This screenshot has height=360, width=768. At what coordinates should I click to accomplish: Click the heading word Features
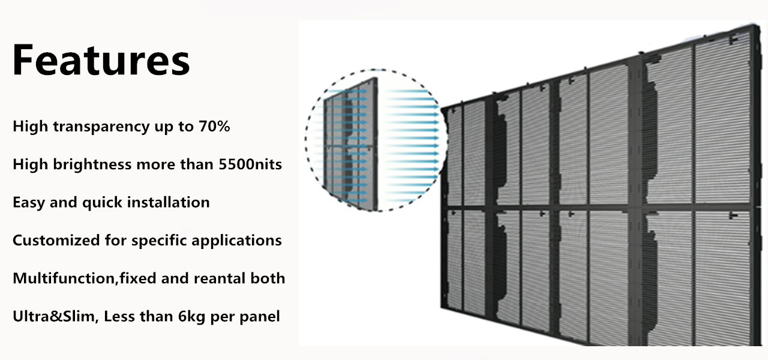coord(101,60)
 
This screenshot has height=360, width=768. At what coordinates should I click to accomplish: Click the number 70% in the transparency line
coord(213,127)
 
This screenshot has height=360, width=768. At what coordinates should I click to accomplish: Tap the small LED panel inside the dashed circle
coord(352,144)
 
